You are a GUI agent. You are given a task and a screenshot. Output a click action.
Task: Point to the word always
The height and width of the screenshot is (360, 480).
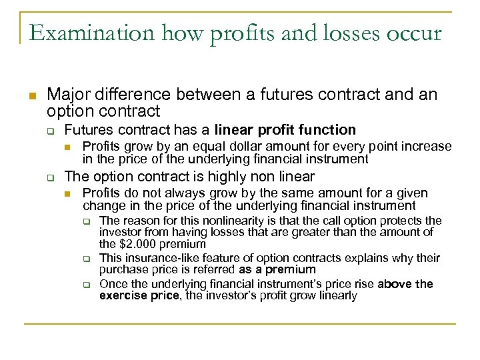171,194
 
